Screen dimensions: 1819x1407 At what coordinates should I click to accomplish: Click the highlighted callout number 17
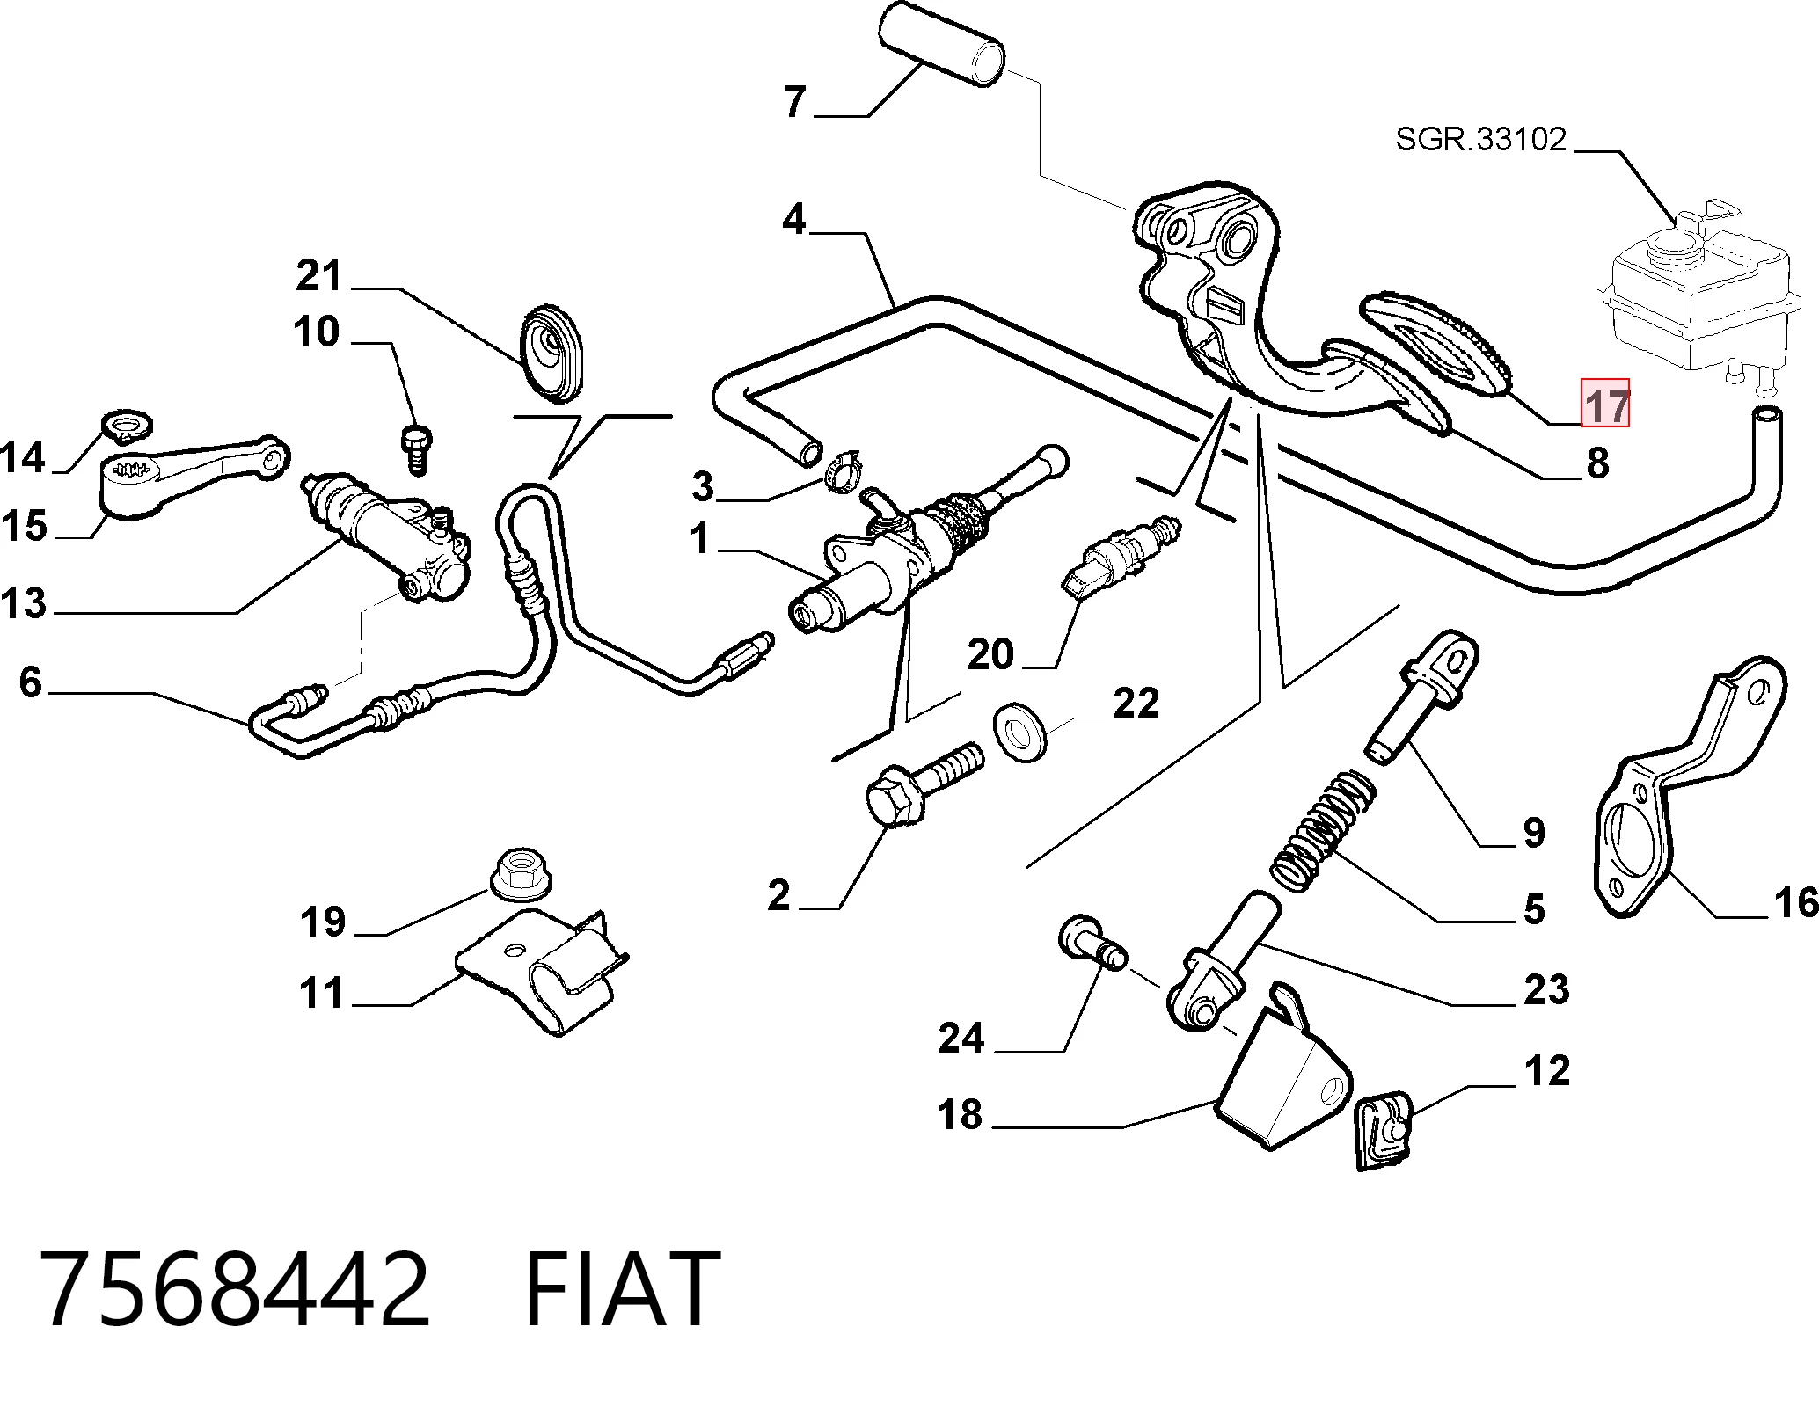[x=1605, y=403]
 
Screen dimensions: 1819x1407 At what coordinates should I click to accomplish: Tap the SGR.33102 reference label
[x=1481, y=139]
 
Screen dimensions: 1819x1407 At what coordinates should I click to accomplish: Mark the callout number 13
[x=24, y=603]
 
